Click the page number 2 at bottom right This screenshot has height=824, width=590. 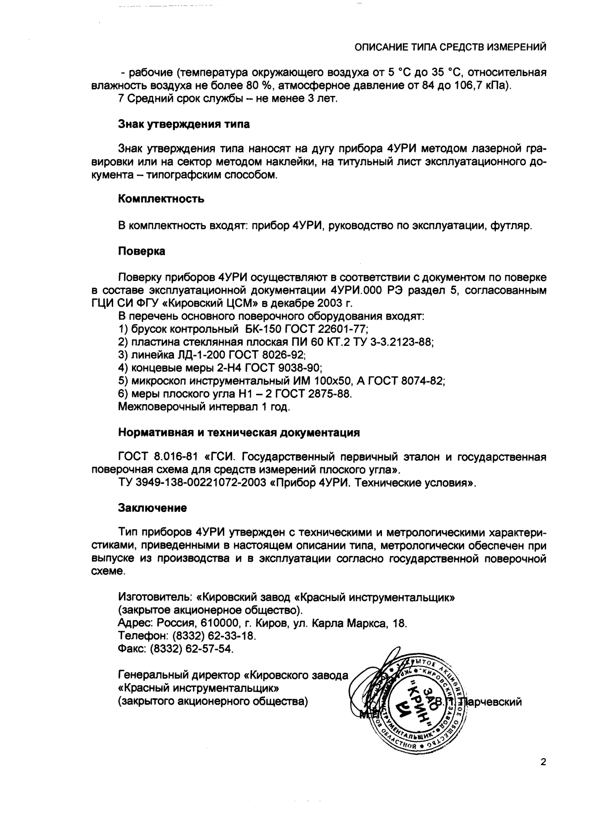[x=543, y=762]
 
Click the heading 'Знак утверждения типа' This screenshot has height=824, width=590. [x=184, y=124]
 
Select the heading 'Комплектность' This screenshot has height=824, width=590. [x=161, y=199]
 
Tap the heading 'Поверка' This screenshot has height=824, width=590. [x=142, y=251]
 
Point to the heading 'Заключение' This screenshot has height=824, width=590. [x=153, y=508]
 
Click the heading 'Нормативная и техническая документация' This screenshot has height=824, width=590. [x=239, y=433]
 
